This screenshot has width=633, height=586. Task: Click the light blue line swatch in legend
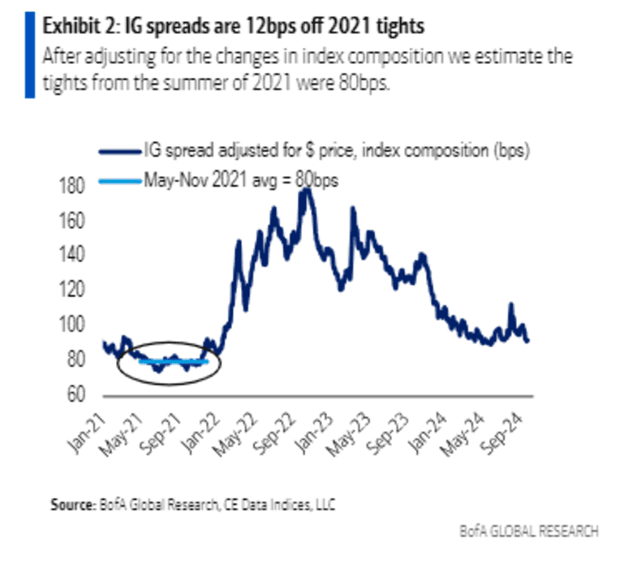(x=118, y=180)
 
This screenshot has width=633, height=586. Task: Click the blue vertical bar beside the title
(x=30, y=53)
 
